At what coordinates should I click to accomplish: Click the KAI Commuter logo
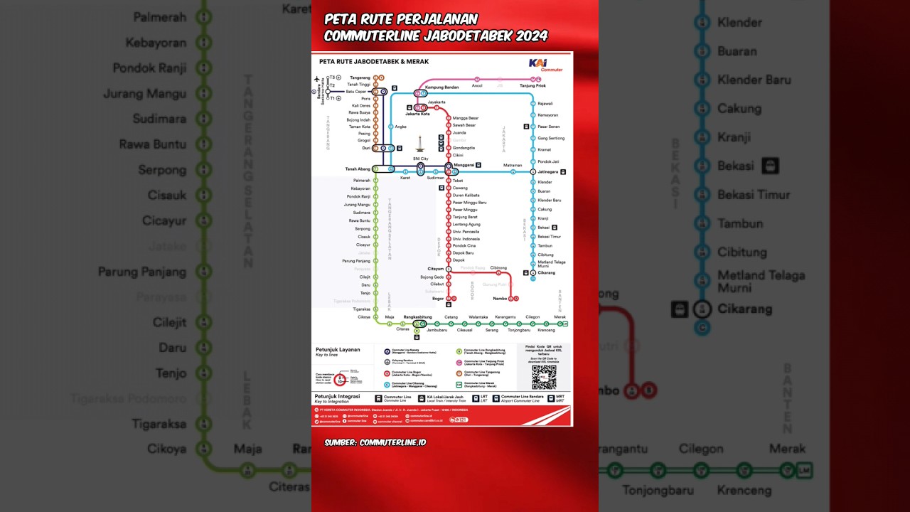pyautogui.click(x=546, y=64)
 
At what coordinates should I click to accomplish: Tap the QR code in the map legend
pyautogui.click(x=544, y=376)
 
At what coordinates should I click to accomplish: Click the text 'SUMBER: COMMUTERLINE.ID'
pyautogui.click(x=375, y=442)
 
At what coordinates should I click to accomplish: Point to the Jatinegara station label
pyautogui.click(x=547, y=172)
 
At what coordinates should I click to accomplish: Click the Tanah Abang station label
pyautogui.click(x=358, y=169)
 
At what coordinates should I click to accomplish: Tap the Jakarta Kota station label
pyautogui.click(x=417, y=114)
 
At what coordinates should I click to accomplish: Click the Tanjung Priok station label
pyautogui.click(x=532, y=86)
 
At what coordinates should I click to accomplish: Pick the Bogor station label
pyautogui.click(x=438, y=299)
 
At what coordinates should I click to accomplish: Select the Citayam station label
pyautogui.click(x=436, y=269)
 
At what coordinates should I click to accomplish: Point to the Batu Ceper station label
pyautogui.click(x=356, y=92)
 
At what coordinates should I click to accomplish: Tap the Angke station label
pyautogui.click(x=400, y=127)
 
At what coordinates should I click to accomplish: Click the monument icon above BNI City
pyautogui.click(x=421, y=144)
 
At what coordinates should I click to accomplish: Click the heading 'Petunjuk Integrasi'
pyautogui.click(x=338, y=396)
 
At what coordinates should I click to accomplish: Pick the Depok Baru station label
pyautogui.click(x=463, y=252)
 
